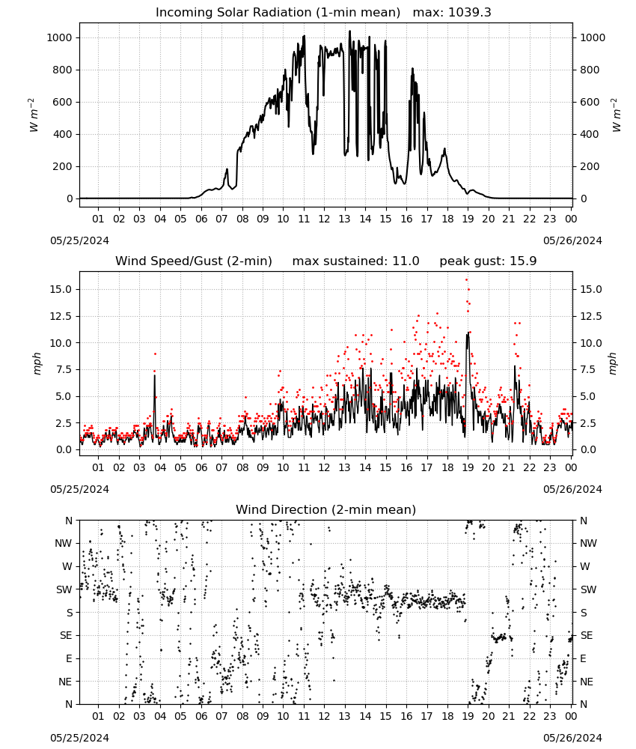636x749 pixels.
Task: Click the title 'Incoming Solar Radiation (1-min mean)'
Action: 278,13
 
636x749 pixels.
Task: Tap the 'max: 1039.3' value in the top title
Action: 452,13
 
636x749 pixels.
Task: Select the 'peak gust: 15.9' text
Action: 488,261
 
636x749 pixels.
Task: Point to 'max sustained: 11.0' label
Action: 355,261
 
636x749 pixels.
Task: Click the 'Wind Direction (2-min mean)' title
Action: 326,509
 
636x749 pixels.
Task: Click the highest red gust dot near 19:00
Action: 467,280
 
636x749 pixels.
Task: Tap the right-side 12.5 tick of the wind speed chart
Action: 590,316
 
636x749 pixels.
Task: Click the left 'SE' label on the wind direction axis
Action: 66,635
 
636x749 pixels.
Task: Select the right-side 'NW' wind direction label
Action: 588,543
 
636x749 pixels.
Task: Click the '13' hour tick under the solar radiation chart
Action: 344,219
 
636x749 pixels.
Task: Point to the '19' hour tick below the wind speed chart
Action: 468,467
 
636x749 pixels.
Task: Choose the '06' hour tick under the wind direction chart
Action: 201,716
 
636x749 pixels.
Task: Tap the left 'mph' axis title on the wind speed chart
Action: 37,363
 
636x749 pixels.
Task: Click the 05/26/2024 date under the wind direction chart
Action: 572,738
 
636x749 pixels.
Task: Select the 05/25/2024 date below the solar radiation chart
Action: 79,240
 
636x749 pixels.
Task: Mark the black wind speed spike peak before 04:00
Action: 155,375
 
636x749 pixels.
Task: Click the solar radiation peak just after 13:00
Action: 349,31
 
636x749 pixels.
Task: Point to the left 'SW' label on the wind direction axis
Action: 64,589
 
